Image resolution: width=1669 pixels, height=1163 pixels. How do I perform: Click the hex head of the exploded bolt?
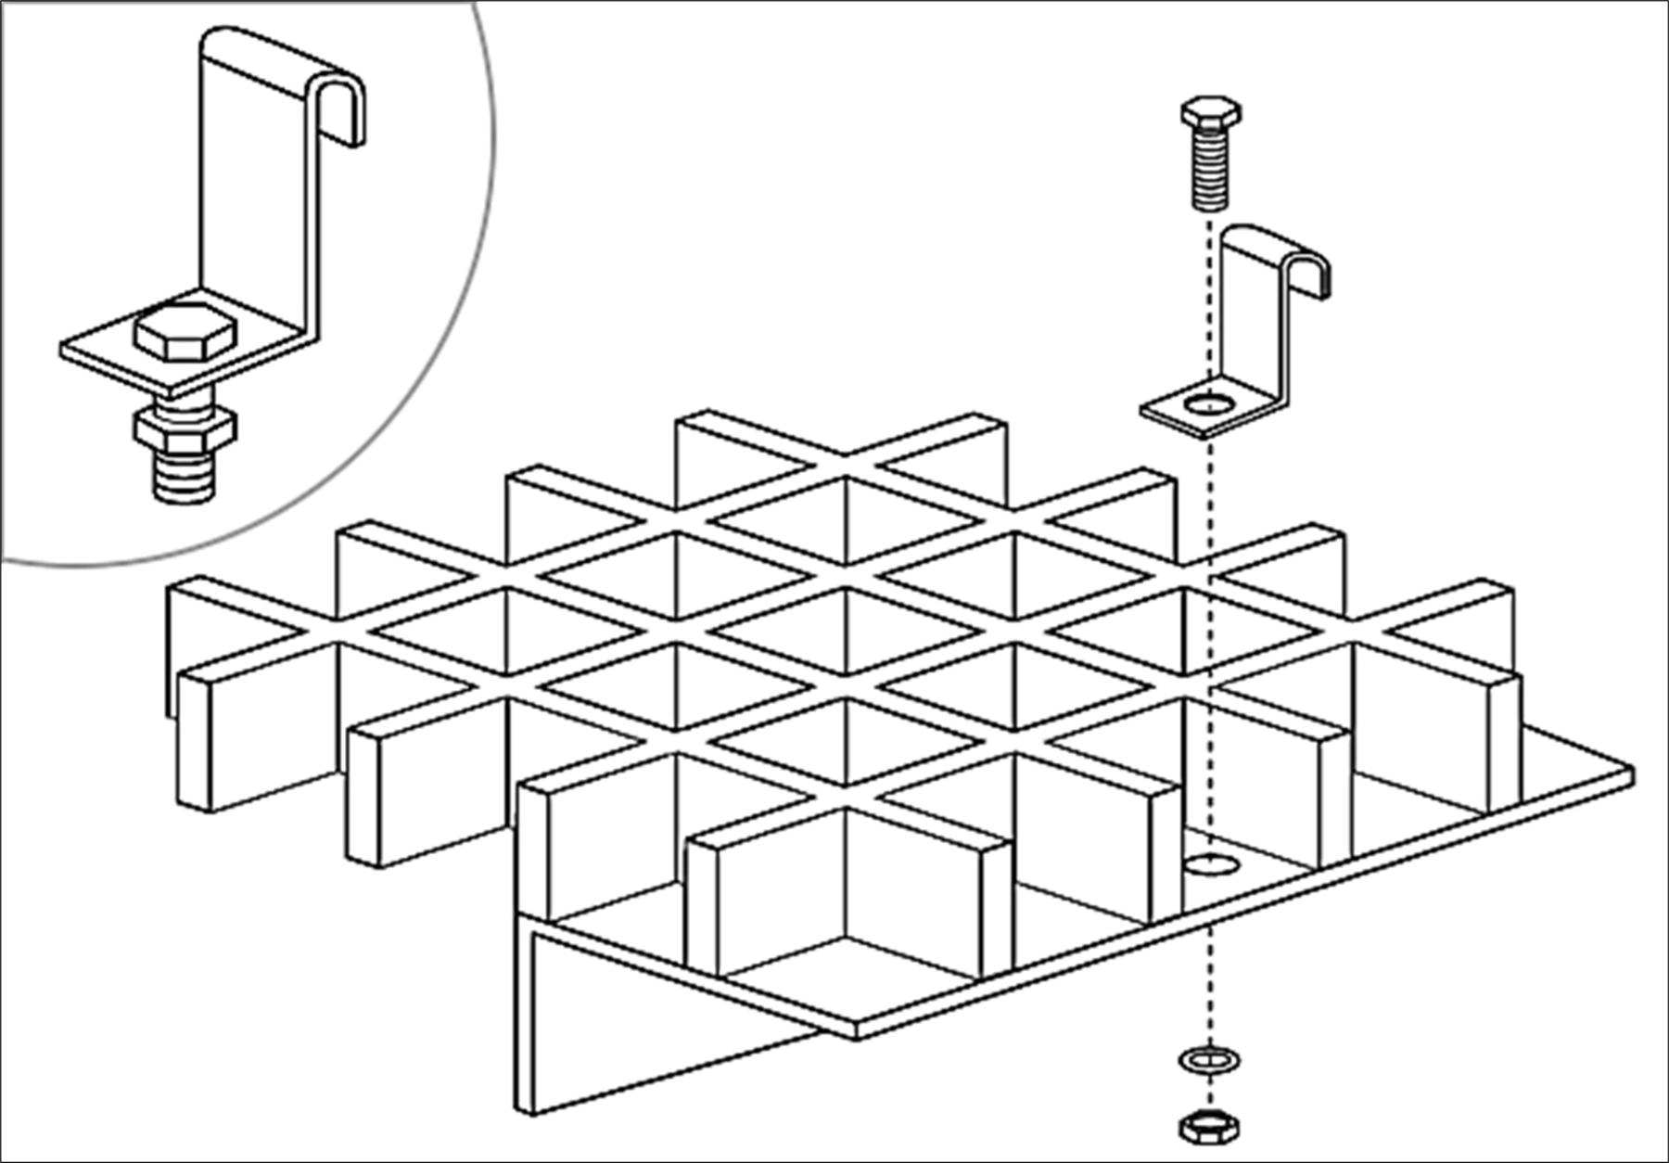coord(1210,114)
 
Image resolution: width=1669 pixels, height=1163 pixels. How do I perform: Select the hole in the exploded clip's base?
coord(1210,404)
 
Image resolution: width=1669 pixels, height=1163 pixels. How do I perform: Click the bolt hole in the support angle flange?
coord(1211,865)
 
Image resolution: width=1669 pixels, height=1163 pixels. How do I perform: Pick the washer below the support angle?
coord(1209,1058)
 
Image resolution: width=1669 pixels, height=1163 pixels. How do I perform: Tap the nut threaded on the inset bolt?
coord(185,428)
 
